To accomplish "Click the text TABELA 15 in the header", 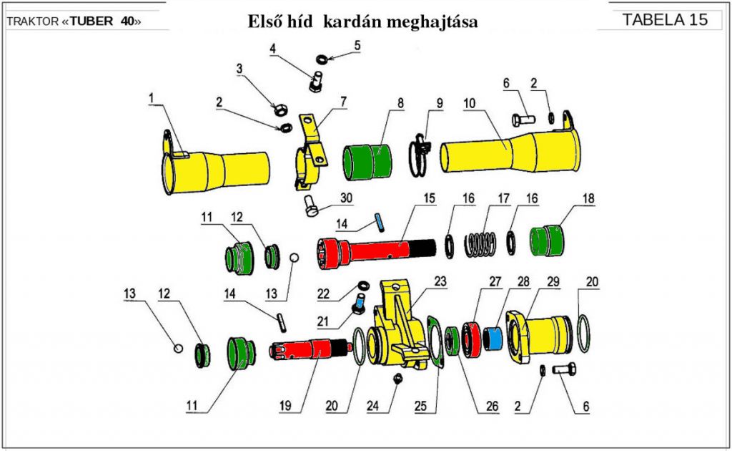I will tap(665, 19).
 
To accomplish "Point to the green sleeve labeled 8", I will tap(367, 162).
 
